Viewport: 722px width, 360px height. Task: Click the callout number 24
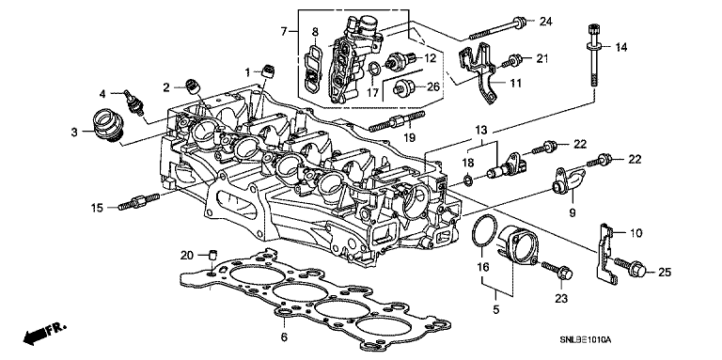[x=545, y=22]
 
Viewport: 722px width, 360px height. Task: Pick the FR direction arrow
[x=45, y=334]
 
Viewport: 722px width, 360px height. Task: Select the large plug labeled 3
[x=107, y=125]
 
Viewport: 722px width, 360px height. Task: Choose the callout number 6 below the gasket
[x=284, y=337]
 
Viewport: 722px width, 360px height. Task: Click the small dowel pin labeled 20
[x=213, y=255]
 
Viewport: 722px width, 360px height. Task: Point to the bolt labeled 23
[x=557, y=271]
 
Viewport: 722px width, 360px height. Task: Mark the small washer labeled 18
[x=467, y=180]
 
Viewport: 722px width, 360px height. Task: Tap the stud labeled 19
[x=397, y=121]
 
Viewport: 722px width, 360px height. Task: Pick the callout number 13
[x=480, y=131]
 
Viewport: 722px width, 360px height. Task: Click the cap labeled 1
[x=269, y=71]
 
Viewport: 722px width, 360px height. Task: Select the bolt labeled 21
[x=511, y=60]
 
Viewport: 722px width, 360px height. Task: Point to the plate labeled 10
[x=605, y=253]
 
